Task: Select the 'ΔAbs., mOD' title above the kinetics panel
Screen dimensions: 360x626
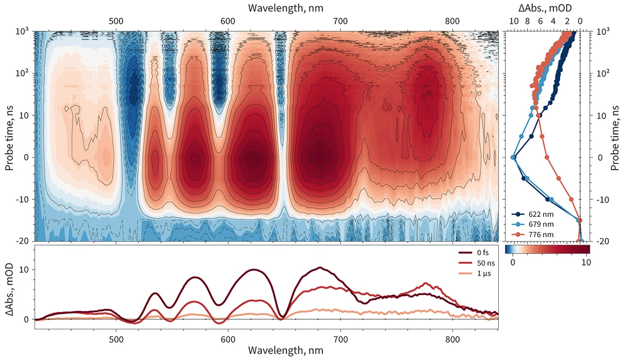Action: pyautogui.click(x=547, y=8)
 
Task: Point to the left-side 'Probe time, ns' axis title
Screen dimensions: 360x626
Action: pyautogui.click(x=9, y=136)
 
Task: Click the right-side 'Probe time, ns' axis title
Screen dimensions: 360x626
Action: pyautogui.click(x=617, y=136)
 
